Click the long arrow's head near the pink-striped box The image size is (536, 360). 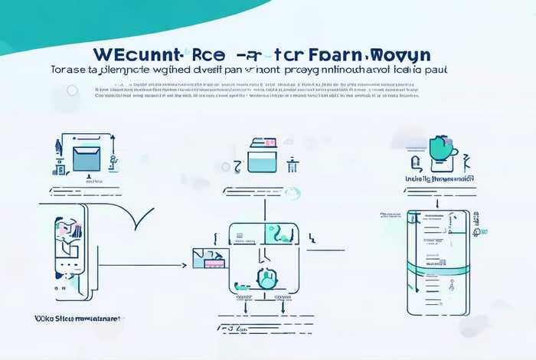[185, 266]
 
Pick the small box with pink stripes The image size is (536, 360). [209, 260]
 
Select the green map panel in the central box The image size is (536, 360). [278, 234]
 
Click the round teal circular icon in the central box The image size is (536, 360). [267, 279]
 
